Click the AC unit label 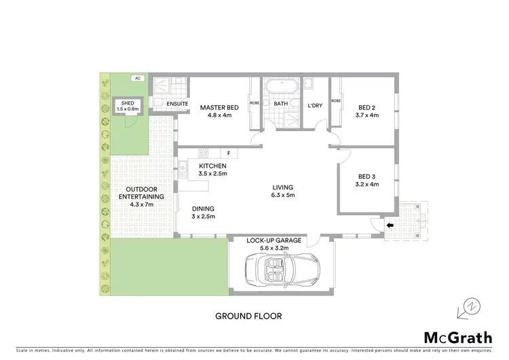coord(137,79)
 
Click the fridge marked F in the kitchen coord(229,154)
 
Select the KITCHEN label coord(212,166)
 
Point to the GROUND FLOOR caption coord(248,316)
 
